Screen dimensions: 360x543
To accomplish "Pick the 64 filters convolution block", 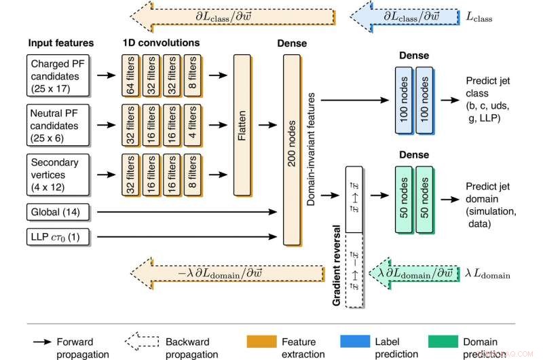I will point(130,75).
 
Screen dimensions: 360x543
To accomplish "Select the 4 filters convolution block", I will point(192,126).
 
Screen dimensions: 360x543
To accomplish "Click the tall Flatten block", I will point(242,126).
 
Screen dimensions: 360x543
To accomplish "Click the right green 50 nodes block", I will point(424,200).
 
